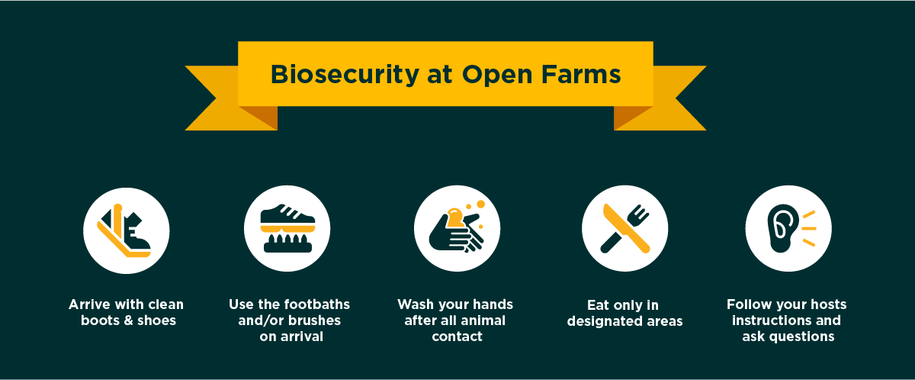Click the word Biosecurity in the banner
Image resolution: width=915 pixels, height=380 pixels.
coord(345,75)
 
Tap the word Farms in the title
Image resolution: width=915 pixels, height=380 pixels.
coord(581,74)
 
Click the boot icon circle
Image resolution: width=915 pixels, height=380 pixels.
coord(127,231)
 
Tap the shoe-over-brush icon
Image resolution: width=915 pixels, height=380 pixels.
coord(287,228)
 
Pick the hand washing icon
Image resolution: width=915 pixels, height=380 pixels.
coord(457,228)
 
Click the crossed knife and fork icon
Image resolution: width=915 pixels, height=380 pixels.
coord(625,228)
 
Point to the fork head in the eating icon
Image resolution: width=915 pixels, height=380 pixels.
coord(639,214)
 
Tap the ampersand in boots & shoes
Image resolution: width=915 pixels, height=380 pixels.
coord(128,320)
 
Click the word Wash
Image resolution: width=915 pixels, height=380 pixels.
coord(415,304)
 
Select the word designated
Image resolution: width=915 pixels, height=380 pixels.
coord(604,321)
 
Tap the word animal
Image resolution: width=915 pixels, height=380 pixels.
coord(483,320)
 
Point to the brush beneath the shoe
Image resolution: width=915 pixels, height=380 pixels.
coord(287,244)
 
